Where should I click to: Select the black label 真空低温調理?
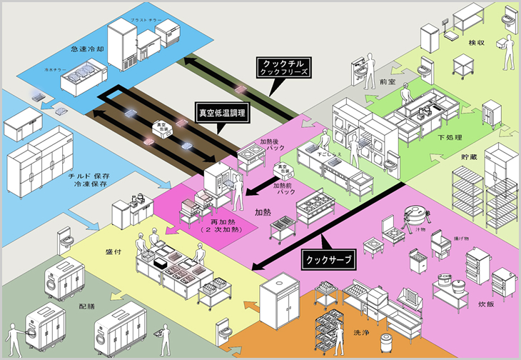[222, 112]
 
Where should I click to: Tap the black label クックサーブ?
[328, 260]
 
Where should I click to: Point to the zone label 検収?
[477, 42]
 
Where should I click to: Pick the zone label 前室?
[388, 82]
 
